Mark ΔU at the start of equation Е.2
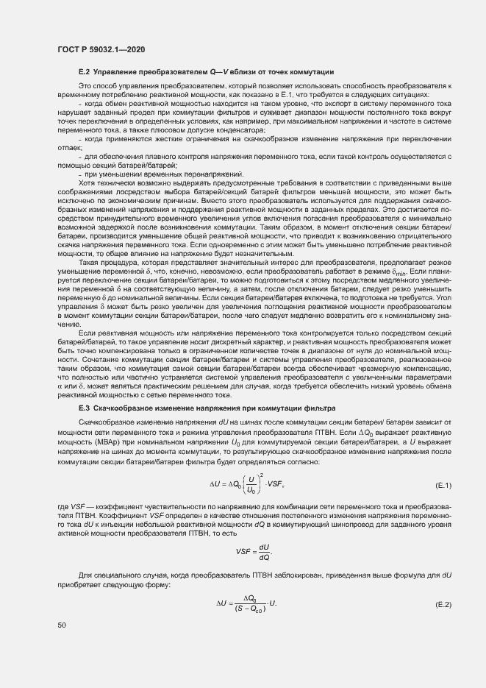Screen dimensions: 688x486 click(x=223, y=604)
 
